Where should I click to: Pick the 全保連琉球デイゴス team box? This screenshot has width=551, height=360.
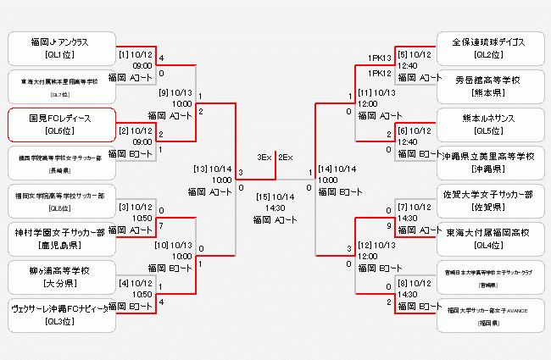(x=488, y=47)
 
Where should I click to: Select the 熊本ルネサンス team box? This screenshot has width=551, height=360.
(x=488, y=124)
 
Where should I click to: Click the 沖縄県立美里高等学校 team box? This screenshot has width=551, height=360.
(x=488, y=162)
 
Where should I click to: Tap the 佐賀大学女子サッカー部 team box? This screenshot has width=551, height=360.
(x=488, y=200)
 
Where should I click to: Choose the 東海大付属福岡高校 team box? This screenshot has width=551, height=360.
(x=488, y=238)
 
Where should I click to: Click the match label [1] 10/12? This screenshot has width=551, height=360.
(x=136, y=54)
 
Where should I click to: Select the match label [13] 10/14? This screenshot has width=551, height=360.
(x=213, y=169)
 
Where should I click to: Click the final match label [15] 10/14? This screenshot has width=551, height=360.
(x=275, y=197)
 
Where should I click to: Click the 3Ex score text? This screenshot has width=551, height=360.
(x=264, y=157)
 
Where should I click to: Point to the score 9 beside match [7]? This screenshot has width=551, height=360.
(x=389, y=226)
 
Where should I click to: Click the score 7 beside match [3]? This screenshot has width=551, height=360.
(x=161, y=226)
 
